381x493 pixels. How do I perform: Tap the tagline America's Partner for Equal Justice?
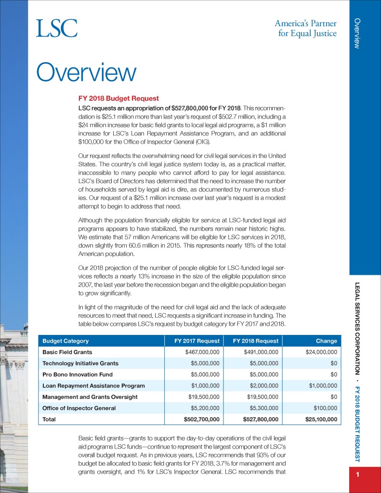(306, 28)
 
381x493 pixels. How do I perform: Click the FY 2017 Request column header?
(197, 341)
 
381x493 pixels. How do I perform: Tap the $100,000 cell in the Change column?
(326, 408)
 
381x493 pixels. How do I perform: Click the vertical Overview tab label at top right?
(357, 33)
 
